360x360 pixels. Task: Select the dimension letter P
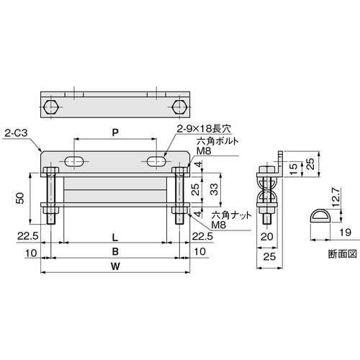pos(114,132)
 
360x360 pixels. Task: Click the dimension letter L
pos(114,236)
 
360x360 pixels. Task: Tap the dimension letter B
pos(114,252)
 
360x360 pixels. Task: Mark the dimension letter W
pos(114,268)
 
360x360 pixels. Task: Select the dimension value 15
pos(294,166)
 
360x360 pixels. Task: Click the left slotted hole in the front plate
pos(74,161)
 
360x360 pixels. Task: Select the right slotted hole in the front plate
pos(156,161)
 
